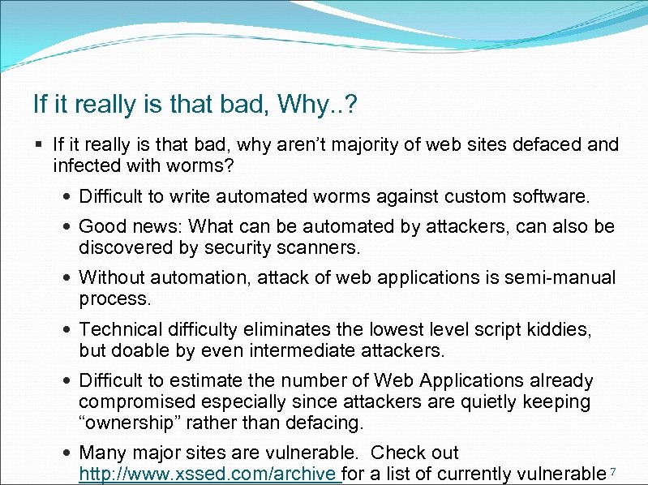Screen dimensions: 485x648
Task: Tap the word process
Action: click(114, 299)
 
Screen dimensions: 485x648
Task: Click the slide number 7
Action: click(613, 471)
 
